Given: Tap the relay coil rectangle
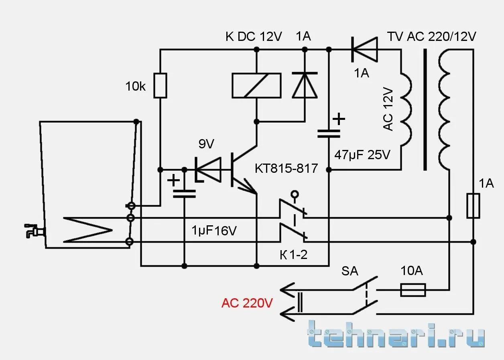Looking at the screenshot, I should point(256,85).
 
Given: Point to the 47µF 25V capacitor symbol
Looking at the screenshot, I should point(329,133).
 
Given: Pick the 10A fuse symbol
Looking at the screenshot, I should point(413,290).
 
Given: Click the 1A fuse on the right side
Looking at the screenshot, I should point(474,206).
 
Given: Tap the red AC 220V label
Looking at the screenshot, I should point(247,303).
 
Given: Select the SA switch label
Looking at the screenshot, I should point(350,271).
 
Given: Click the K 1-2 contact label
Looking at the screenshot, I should point(293,255).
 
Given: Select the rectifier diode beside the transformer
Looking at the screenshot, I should point(365,49).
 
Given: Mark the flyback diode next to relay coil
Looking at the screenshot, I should point(305,85).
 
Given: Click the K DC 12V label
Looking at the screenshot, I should point(254,36).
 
